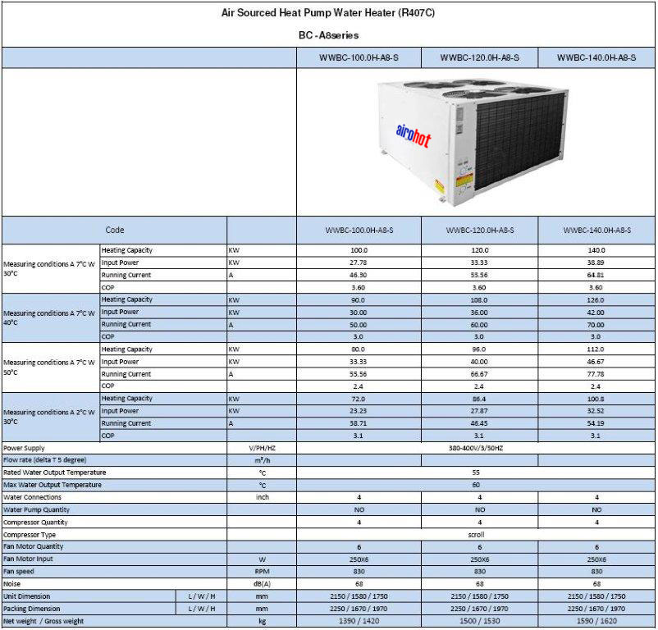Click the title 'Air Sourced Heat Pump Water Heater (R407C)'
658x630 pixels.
tap(328, 12)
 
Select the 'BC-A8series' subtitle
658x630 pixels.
tap(328, 35)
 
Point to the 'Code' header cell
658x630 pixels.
tap(115, 231)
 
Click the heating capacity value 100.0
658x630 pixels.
tap(359, 250)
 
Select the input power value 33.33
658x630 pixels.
tap(480, 262)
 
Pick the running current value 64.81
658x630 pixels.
tap(596, 275)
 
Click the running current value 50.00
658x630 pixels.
tap(359, 325)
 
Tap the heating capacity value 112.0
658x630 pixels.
tap(596, 349)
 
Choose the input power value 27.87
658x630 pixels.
tap(480, 411)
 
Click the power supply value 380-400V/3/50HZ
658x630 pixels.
tap(476, 448)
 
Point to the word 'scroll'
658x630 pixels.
tap(476, 534)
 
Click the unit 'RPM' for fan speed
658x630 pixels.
tap(262, 571)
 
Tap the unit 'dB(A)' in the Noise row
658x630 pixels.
tap(262, 583)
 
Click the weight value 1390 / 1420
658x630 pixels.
tap(359, 621)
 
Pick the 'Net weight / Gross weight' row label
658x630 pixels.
tap(43, 621)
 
